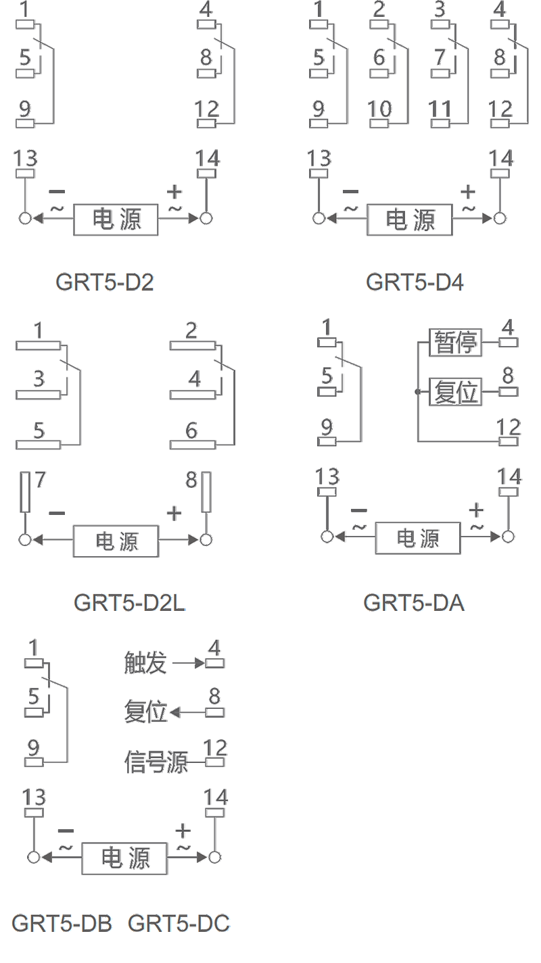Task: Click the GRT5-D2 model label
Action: click(x=105, y=282)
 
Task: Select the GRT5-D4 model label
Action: click(x=415, y=282)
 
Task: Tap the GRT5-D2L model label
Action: click(x=129, y=603)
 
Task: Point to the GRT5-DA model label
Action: click(x=414, y=603)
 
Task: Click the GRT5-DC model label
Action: click(x=179, y=923)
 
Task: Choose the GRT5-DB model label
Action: click(x=62, y=923)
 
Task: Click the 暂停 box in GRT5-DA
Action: click(x=455, y=343)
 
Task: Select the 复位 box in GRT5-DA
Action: click(x=455, y=392)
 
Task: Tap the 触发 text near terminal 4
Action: click(x=145, y=662)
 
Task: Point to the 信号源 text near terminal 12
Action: click(x=156, y=762)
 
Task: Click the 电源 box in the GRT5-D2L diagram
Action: click(x=116, y=541)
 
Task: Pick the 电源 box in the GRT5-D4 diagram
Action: click(x=409, y=220)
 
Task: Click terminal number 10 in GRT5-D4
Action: click(x=380, y=109)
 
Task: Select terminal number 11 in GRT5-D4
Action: click(x=440, y=109)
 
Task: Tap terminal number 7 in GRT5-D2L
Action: click(x=40, y=480)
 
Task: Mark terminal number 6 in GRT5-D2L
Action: click(x=191, y=430)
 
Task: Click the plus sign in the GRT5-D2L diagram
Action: click(x=174, y=514)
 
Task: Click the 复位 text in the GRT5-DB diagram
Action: click(x=145, y=712)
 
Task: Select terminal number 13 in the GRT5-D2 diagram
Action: click(x=26, y=159)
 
